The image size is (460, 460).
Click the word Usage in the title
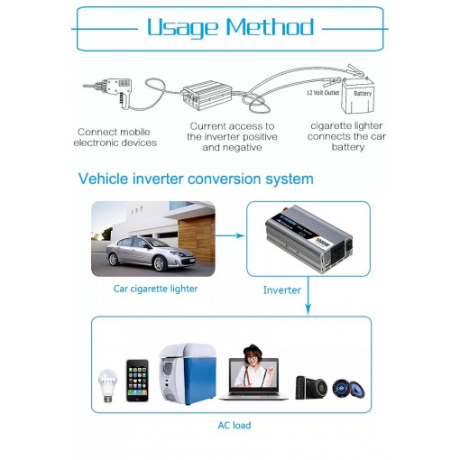click(182, 28)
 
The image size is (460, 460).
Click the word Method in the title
click(270, 27)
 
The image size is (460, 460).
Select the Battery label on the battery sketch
click(363, 94)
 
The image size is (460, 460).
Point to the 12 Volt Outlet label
click(323, 93)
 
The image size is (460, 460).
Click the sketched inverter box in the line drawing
click(207, 96)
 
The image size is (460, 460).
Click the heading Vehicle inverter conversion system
click(196, 179)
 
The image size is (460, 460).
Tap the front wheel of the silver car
click(159, 263)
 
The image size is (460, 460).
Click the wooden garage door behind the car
click(197, 238)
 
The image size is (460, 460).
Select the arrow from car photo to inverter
click(230, 235)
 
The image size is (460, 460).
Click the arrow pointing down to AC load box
click(308, 296)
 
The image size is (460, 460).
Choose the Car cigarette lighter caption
click(155, 289)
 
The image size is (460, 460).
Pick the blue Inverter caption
click(282, 290)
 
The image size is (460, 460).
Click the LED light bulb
click(107, 386)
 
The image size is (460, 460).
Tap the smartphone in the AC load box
click(137, 381)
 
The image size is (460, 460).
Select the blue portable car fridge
click(188, 373)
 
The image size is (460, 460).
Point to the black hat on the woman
click(253, 350)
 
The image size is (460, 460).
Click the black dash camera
click(311, 387)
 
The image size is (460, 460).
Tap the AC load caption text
click(235, 425)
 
